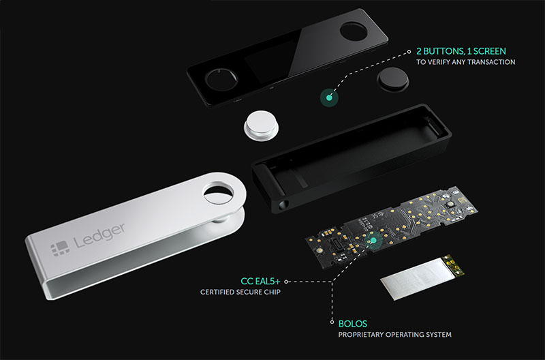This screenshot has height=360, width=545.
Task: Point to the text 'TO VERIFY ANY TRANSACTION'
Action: (x=465, y=62)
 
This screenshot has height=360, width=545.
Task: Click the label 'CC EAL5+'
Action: (x=261, y=281)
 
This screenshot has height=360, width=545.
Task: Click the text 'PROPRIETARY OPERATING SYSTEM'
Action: (x=394, y=335)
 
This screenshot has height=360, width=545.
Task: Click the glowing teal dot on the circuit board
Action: (x=371, y=240)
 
